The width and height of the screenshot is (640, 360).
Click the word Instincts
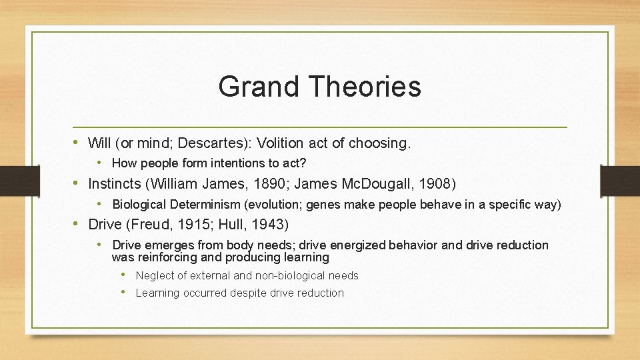[114, 183]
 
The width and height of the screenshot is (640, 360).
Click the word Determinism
[202, 204]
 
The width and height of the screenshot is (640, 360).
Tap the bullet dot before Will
[79, 142]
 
